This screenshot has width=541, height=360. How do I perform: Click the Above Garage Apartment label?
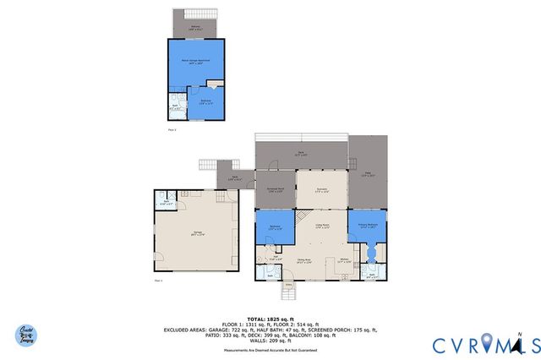[x=195, y=63]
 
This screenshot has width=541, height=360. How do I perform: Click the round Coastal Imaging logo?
[x=28, y=335]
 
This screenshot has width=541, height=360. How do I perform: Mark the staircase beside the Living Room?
[x=301, y=218]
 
